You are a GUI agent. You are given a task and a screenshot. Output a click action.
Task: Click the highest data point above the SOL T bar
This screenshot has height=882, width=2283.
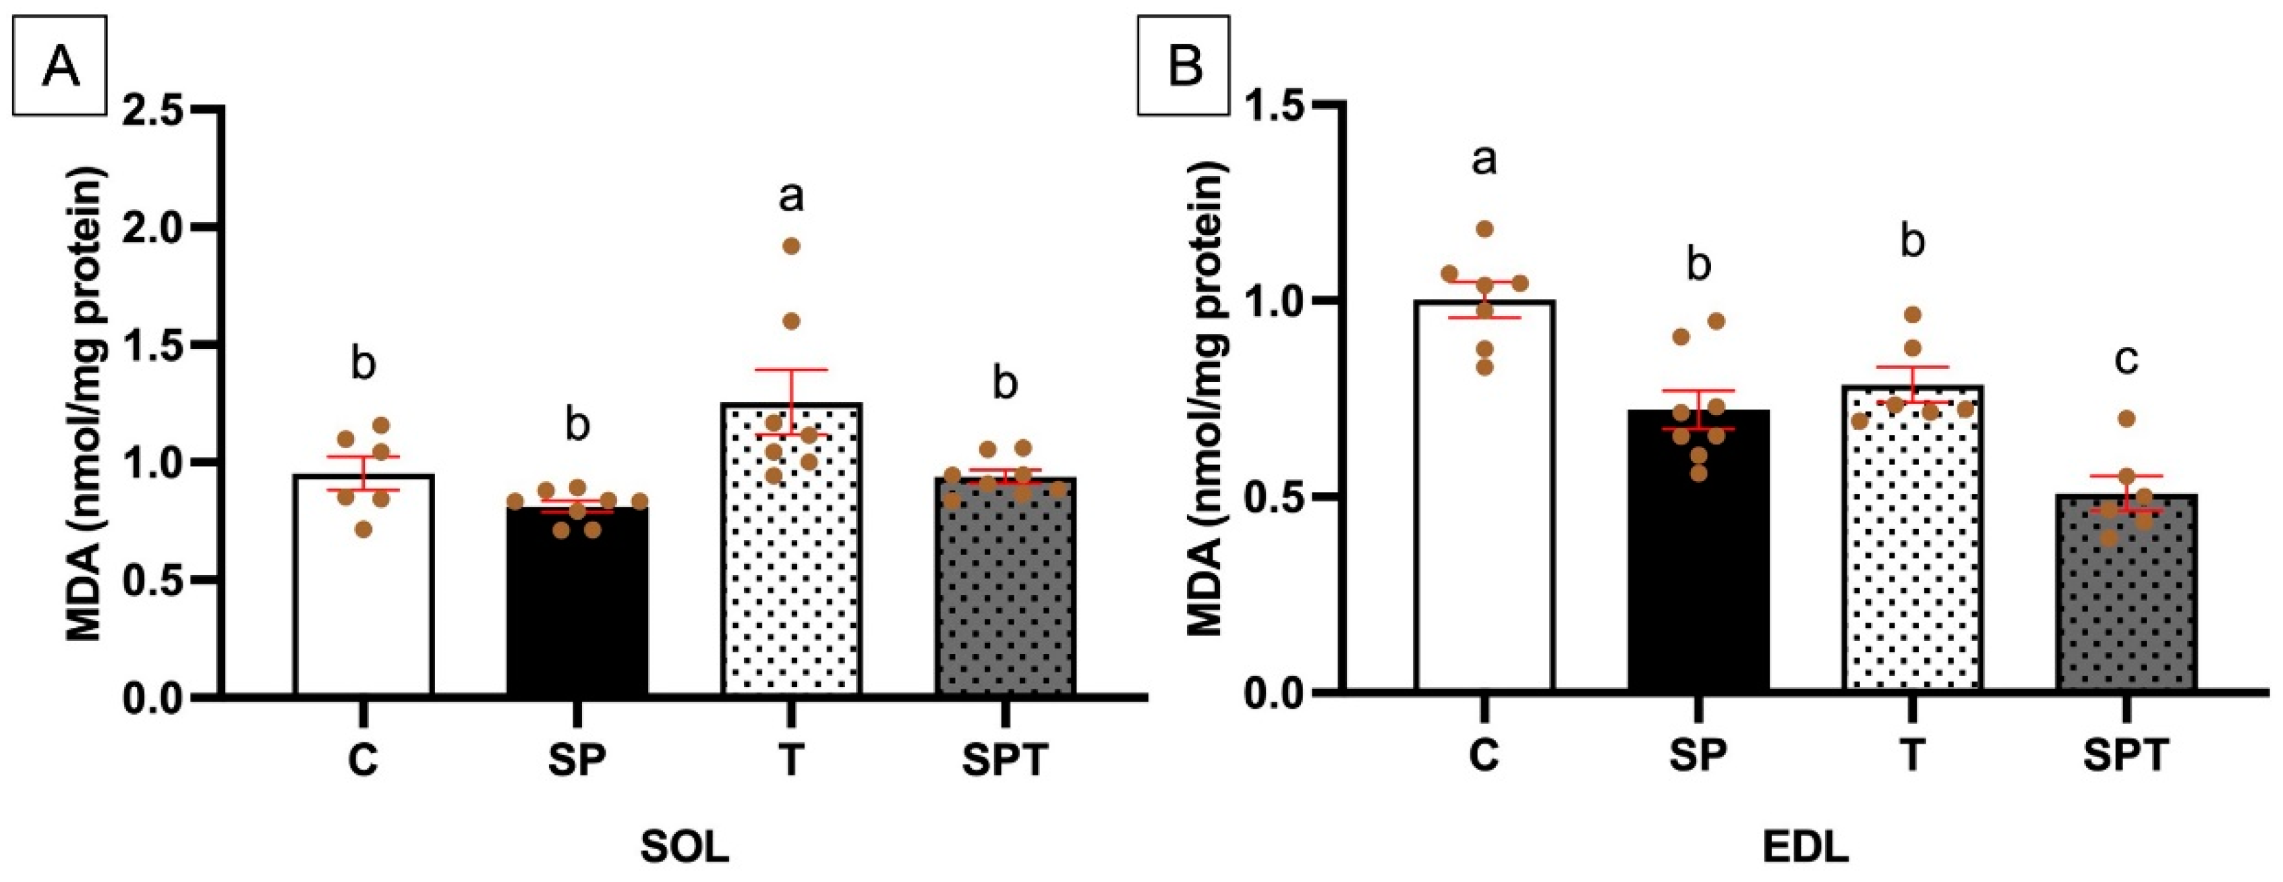point(791,246)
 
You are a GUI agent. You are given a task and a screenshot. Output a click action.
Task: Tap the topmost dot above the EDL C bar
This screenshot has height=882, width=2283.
point(1485,229)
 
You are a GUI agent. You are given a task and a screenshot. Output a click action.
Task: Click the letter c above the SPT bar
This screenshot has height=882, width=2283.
point(2126,359)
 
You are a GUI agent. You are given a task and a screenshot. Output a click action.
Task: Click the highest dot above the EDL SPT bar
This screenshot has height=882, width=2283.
point(2126,418)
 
